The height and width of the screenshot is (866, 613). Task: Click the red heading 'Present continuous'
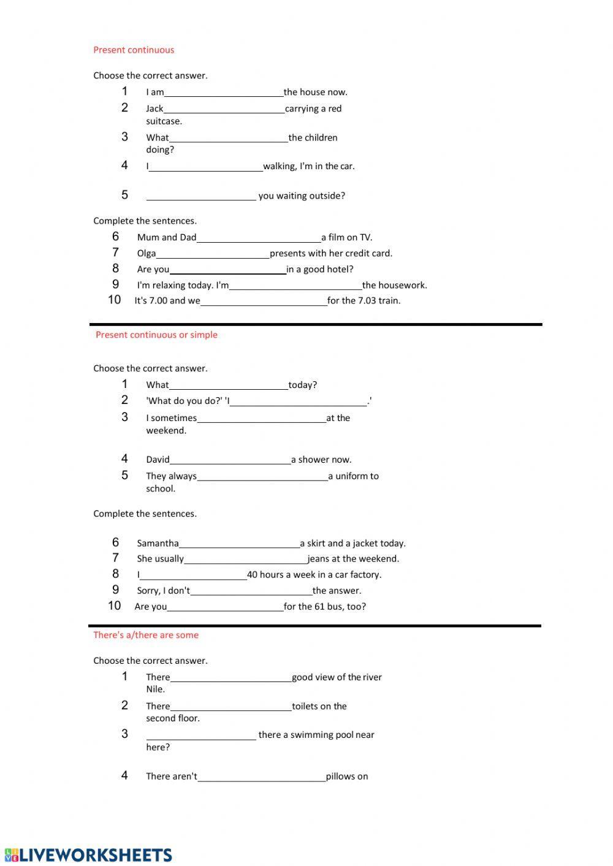(134, 50)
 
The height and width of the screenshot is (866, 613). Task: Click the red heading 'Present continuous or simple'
(156, 335)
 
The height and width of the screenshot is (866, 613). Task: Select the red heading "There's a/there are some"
(146, 635)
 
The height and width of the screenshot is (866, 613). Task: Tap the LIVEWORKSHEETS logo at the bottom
(88, 854)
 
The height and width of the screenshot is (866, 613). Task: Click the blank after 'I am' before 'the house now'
(224, 92)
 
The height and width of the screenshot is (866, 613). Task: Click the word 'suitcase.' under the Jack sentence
(164, 121)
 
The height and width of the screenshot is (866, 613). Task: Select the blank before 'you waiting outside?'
(201, 196)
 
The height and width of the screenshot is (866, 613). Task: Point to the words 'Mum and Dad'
(167, 237)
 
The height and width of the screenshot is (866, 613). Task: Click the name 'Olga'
(147, 253)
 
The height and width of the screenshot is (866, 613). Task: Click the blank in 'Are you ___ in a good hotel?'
(227, 269)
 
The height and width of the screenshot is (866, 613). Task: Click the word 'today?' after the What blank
(303, 385)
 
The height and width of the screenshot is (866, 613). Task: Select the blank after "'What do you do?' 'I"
(299, 401)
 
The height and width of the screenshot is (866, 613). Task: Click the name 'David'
(158, 460)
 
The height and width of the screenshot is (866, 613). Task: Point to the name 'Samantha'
(158, 543)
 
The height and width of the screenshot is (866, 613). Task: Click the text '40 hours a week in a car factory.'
(314, 574)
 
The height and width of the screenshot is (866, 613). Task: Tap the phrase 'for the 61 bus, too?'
(325, 606)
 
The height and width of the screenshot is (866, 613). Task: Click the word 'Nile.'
(155, 689)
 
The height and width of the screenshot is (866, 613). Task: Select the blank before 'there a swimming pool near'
(201, 735)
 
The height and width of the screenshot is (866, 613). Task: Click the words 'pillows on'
(347, 777)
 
